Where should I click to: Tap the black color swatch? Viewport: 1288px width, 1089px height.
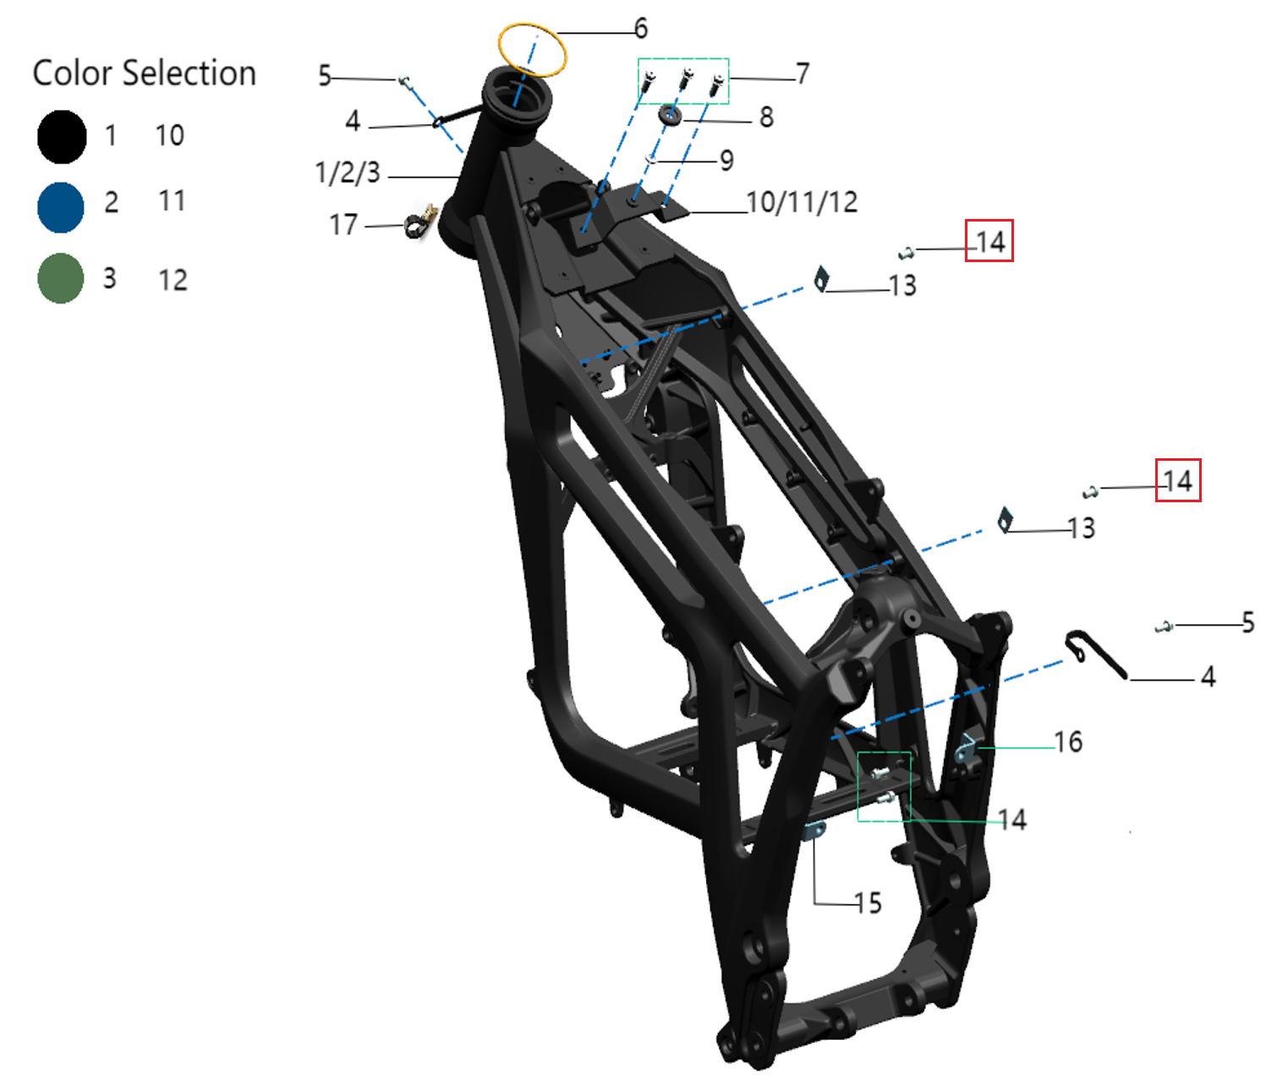tap(62, 137)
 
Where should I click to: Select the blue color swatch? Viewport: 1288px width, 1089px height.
tap(61, 207)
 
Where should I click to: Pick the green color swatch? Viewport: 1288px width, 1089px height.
tap(61, 278)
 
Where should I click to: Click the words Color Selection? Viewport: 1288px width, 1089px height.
tap(144, 73)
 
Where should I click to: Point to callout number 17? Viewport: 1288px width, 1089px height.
tap(343, 225)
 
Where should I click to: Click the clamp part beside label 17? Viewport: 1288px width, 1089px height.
tap(419, 222)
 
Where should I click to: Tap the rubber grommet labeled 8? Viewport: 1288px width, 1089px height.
tap(671, 115)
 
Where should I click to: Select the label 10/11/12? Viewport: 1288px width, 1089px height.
tap(802, 202)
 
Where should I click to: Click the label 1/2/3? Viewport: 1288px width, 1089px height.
tap(348, 172)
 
